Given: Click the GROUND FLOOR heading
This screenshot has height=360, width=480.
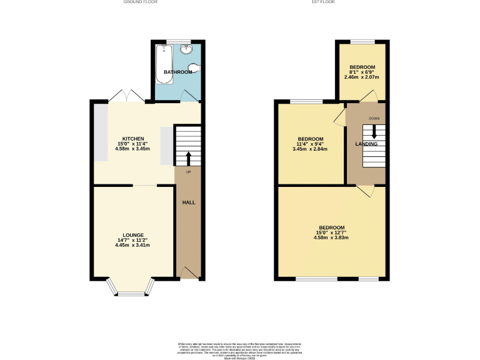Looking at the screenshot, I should point(140,2).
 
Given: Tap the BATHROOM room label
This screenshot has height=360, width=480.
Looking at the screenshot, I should point(178,72).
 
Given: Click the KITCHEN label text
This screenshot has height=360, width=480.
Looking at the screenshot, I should point(133,139).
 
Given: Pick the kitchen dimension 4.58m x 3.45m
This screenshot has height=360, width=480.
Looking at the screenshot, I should point(133,149).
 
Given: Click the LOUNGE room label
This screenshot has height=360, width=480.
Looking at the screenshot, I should point(133,235).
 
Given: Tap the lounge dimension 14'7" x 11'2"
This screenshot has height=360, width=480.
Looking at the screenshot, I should point(133,240).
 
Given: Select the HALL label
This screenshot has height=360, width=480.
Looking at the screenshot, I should point(188,203).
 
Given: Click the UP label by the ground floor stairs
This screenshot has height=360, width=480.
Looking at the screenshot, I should point(188,172).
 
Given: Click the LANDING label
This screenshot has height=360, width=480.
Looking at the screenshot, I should point(366,144).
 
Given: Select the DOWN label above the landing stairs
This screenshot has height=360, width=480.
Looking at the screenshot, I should point(374,118).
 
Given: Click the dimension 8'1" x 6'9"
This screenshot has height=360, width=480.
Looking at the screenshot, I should point(362,72).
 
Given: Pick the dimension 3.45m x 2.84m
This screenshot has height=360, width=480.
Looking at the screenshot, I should point(311,149).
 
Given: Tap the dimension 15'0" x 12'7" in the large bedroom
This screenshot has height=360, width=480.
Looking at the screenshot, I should point(331,232).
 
